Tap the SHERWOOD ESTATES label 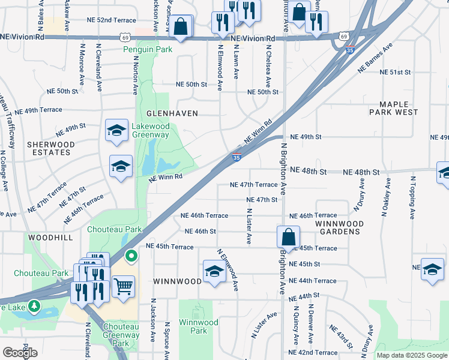pyautogui.click(x=50, y=148)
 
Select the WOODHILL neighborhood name pyautogui.click(x=50, y=238)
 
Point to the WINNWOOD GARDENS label pyautogui.click(x=339, y=227)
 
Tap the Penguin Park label pyautogui.click(x=148, y=49)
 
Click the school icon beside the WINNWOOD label pyautogui.click(x=214, y=271)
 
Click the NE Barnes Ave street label pyautogui.click(x=375, y=57)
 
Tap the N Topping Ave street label pyautogui.click(x=413, y=196)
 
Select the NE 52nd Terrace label pyautogui.click(x=92, y=20)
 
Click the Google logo pyautogui.click(x=20, y=352)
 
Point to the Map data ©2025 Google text pyautogui.click(x=412, y=355)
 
